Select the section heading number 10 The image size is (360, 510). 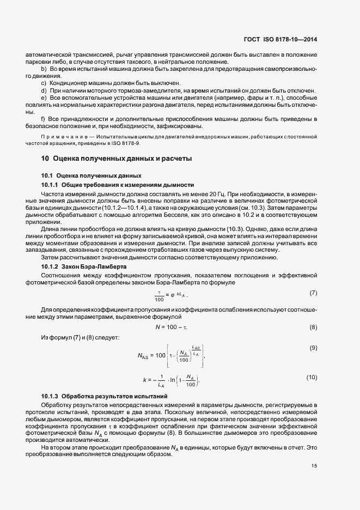(45, 159)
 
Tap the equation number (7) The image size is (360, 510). (313, 293)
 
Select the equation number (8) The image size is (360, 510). (313, 327)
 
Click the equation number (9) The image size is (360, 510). (313, 348)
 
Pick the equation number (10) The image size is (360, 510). (312, 377)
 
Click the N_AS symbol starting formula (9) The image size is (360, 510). (144, 356)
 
